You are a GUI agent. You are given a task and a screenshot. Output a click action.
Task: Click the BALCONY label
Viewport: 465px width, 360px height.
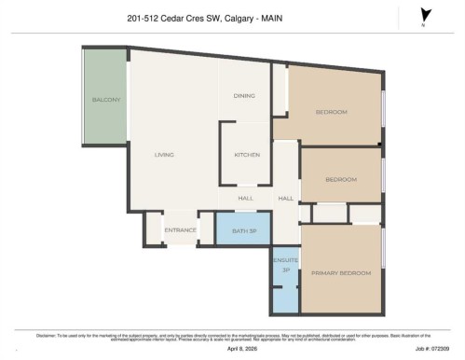point(104,100)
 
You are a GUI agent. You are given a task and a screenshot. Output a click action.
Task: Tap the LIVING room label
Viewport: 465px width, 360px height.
point(164,155)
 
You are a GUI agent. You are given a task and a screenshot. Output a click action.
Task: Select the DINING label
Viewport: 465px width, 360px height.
point(244,97)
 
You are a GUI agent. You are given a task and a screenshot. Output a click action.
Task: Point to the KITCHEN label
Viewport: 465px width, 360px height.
point(247,155)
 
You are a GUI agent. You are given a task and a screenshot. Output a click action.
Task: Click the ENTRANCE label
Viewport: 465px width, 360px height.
point(180,230)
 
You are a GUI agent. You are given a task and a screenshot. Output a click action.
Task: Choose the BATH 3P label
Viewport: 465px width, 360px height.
point(244,230)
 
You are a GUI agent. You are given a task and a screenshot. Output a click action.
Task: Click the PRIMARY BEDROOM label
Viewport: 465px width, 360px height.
point(341,273)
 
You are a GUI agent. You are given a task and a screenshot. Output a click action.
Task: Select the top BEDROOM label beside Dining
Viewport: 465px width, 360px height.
point(331,112)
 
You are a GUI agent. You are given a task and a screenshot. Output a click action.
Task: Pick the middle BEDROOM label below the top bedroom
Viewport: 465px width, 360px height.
point(341,179)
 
